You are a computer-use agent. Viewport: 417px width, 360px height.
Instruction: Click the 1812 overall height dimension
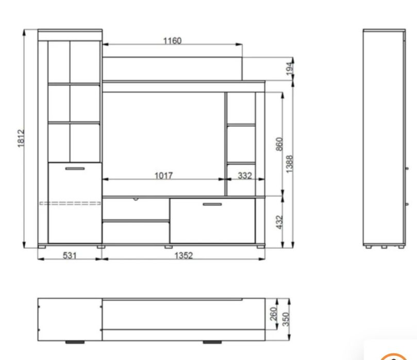point(21,138)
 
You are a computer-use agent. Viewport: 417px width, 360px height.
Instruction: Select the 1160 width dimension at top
point(172,41)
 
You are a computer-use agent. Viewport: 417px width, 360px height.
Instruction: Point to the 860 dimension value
point(279,145)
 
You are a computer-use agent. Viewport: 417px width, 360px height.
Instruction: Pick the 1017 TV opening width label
point(164,176)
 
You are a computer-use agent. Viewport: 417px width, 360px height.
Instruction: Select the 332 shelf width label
point(245,176)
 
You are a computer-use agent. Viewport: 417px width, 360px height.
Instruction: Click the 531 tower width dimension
point(70,255)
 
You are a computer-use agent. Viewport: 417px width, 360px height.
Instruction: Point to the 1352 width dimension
point(183,255)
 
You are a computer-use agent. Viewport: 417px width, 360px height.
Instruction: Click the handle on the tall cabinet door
point(75,168)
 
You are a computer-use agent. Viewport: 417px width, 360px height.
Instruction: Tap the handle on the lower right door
point(212,204)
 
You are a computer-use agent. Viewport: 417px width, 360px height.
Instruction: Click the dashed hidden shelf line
point(70,203)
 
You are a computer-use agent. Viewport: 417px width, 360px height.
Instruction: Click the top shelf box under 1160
point(172,68)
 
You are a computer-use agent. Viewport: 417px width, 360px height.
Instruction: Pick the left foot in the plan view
point(75,341)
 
